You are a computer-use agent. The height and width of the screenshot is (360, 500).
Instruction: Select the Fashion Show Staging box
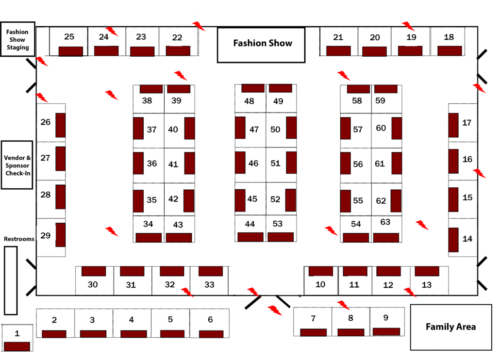(17, 39)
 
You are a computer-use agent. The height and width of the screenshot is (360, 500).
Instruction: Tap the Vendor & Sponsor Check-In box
(17, 165)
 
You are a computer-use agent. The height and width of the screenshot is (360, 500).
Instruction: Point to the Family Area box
(450, 327)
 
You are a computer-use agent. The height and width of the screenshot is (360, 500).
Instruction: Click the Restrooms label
(19, 239)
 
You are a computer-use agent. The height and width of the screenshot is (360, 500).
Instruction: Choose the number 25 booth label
(69, 37)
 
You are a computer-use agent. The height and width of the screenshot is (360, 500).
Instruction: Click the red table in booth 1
(17, 346)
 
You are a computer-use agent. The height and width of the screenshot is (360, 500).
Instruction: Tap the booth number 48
(249, 101)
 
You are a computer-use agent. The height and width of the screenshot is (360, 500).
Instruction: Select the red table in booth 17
(453, 125)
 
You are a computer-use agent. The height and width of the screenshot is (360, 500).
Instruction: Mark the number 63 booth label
(385, 222)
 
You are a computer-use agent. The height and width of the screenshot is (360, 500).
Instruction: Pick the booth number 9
(386, 318)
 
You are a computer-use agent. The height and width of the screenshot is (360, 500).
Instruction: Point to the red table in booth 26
(61, 125)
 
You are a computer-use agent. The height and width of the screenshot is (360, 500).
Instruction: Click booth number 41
(173, 164)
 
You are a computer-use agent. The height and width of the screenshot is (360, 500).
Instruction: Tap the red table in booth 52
(291, 200)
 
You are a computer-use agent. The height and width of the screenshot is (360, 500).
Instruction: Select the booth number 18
(449, 37)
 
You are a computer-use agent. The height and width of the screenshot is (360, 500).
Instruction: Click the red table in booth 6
(211, 334)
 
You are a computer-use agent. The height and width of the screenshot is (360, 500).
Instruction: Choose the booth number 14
(467, 239)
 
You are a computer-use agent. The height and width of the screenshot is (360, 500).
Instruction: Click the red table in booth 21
(338, 50)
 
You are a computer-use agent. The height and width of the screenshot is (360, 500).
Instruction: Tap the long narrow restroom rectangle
(11, 280)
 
